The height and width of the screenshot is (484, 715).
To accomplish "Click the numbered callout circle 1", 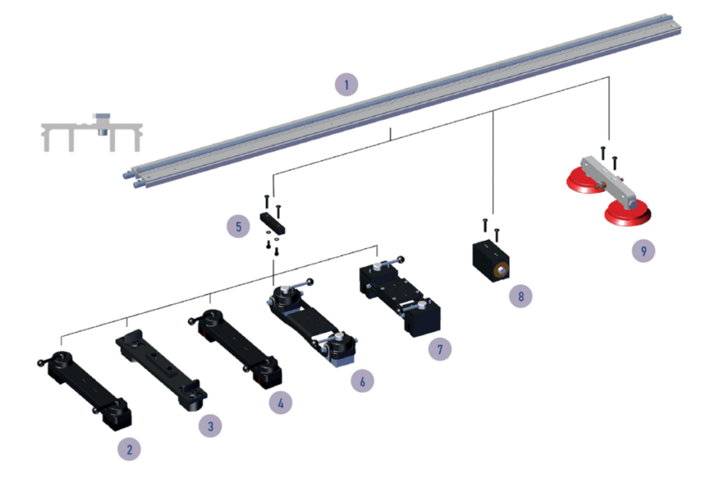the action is pyautogui.click(x=346, y=85).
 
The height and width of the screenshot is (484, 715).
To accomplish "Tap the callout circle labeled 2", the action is pyautogui.click(x=129, y=449).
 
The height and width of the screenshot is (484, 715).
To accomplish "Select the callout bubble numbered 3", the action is pyautogui.click(x=210, y=426).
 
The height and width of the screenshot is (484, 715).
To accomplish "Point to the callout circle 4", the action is pyautogui.click(x=281, y=403).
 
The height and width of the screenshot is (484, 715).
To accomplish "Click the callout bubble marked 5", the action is pyautogui.click(x=239, y=226).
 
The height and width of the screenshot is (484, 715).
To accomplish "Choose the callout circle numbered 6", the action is pyautogui.click(x=362, y=381).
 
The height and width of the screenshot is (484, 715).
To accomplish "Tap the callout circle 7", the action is pyautogui.click(x=440, y=349).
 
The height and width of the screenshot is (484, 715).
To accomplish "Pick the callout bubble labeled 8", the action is pyautogui.click(x=521, y=296).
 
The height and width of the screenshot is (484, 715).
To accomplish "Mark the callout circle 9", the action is pyautogui.click(x=643, y=251).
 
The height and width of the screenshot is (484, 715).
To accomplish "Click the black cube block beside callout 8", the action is pyautogui.click(x=490, y=261).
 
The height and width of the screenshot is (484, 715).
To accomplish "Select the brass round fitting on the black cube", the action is pyautogui.click(x=501, y=271).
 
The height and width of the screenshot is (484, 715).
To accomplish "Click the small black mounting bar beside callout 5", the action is pyautogui.click(x=273, y=223).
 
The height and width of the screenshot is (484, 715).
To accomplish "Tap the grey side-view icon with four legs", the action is pyautogui.click(x=91, y=132).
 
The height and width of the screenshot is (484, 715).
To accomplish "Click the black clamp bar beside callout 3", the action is pyautogui.click(x=161, y=370).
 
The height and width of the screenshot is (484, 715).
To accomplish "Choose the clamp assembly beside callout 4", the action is pyautogui.click(x=235, y=347).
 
